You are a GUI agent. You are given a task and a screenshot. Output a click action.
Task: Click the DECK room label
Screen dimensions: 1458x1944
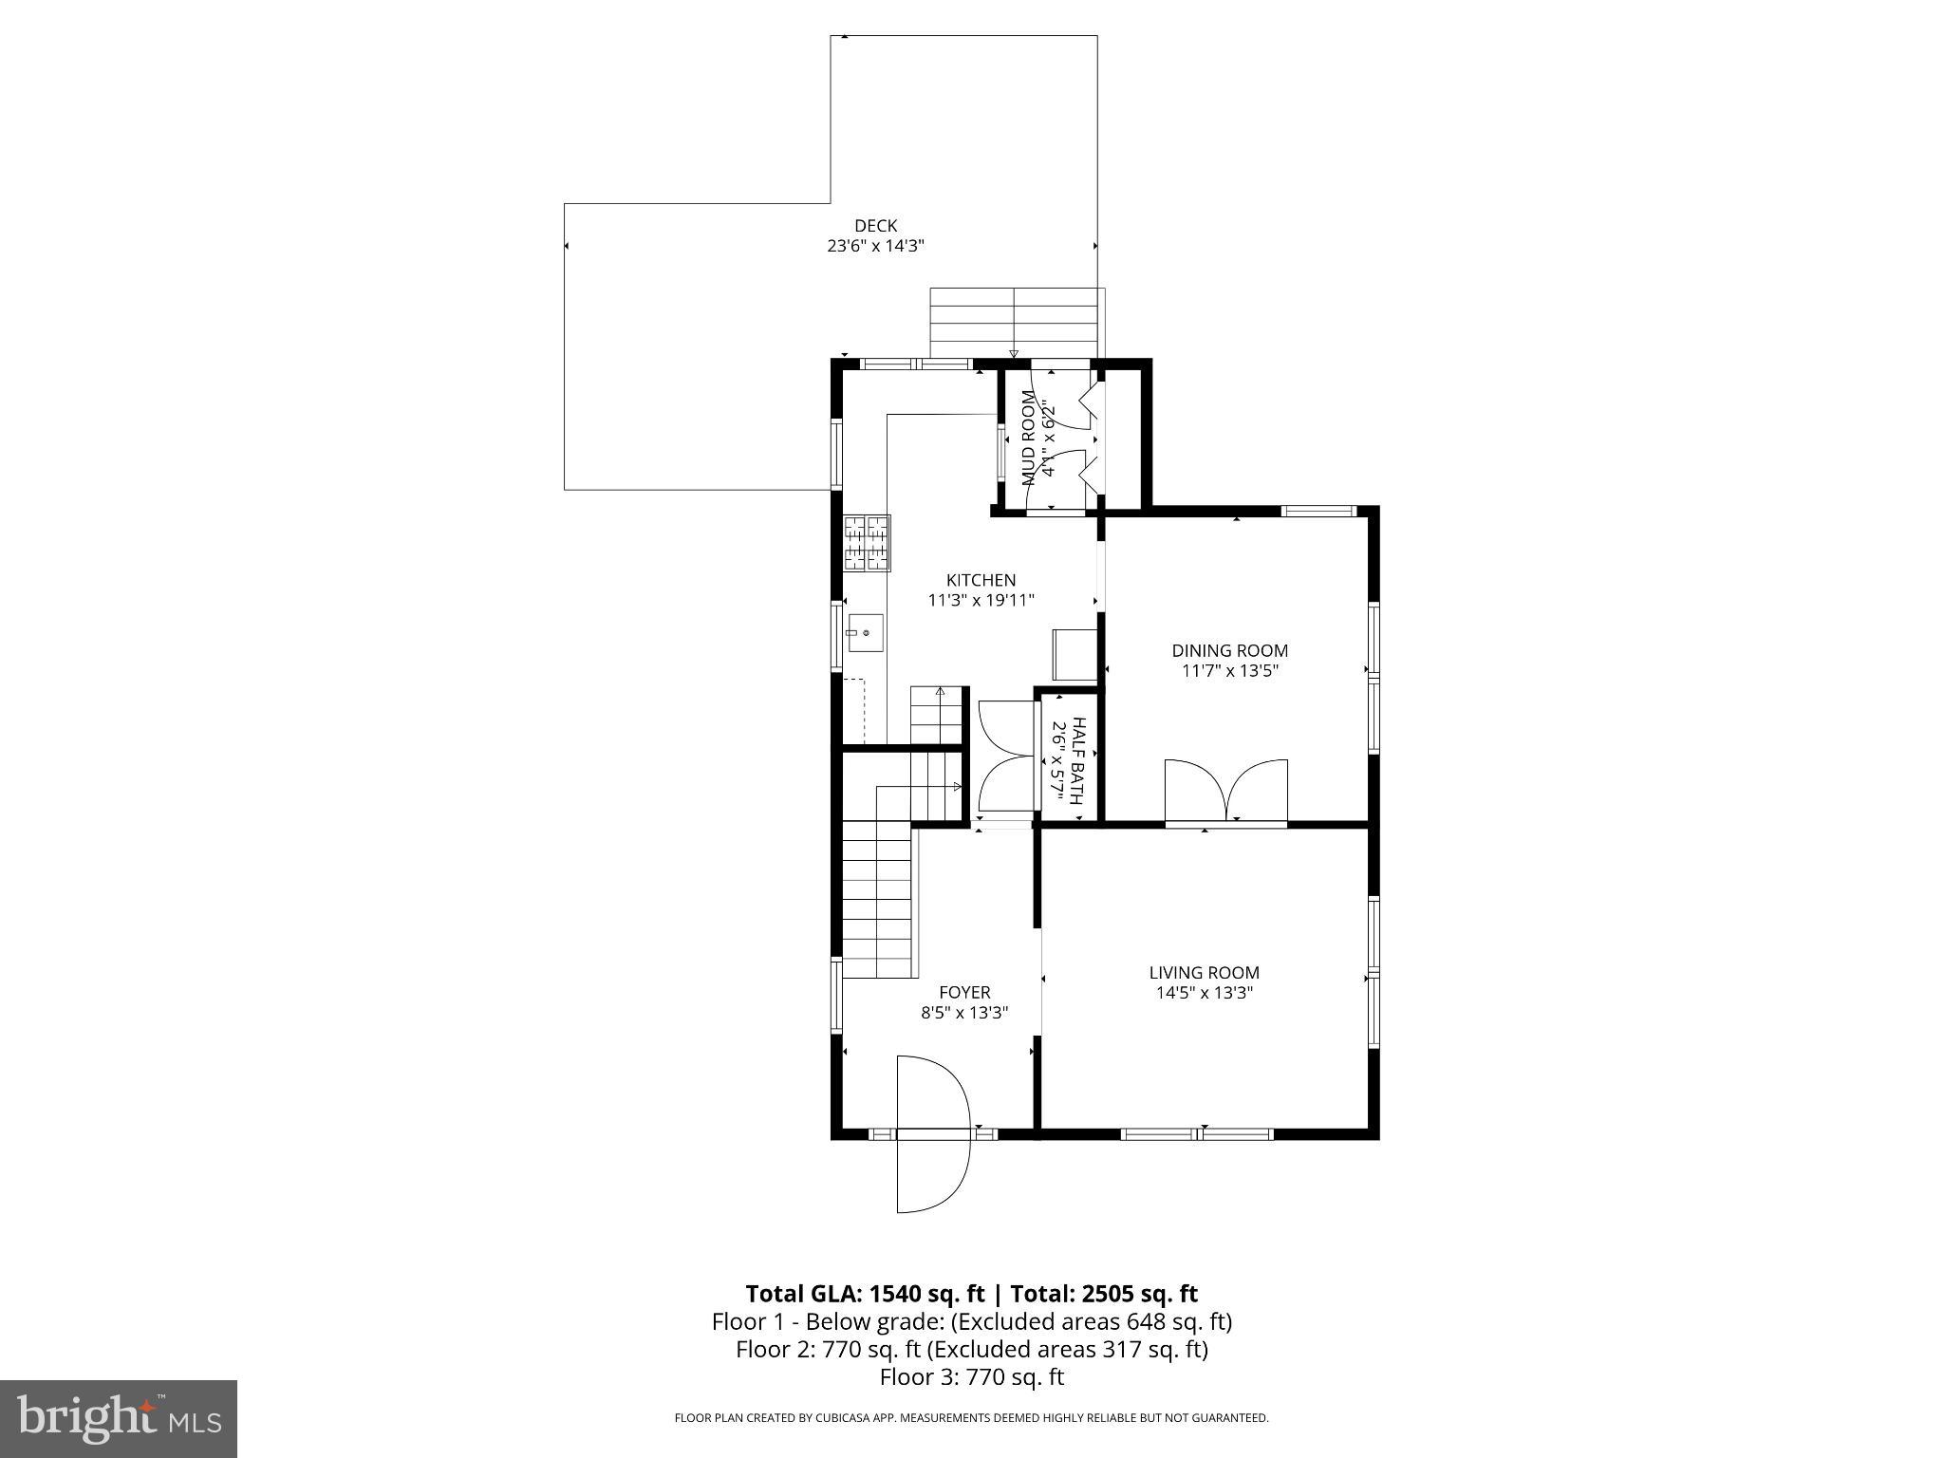pyautogui.click(x=875, y=226)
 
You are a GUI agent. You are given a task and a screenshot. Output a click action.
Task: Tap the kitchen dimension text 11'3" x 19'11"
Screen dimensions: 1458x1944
pyautogui.click(x=981, y=600)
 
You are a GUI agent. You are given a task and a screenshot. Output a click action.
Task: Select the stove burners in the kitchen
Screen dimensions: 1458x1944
pyautogui.click(x=868, y=543)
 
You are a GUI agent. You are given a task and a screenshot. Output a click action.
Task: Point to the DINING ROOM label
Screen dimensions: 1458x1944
pyautogui.click(x=1229, y=650)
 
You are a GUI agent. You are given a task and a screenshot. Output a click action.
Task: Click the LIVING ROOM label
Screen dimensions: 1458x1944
pyautogui.click(x=1204, y=972)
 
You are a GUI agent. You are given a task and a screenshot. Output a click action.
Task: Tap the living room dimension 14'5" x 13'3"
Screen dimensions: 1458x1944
pyautogui.click(x=1204, y=993)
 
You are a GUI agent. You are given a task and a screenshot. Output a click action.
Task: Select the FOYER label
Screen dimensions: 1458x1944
pyautogui.click(x=964, y=993)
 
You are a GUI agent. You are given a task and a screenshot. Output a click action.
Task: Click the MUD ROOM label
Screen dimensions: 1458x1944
pyautogui.click(x=1028, y=439)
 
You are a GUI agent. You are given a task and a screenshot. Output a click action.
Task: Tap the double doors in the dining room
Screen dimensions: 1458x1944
pyautogui.click(x=1226, y=790)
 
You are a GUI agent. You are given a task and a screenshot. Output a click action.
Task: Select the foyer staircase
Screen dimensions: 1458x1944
pyautogui.click(x=878, y=897)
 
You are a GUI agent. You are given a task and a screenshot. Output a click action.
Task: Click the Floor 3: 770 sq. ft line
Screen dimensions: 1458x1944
pyautogui.click(x=971, y=1376)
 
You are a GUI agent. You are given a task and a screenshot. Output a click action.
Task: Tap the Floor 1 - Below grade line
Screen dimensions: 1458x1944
pyautogui.click(x=971, y=1321)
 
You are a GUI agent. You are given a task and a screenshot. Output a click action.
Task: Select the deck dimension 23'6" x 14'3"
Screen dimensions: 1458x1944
pyautogui.click(x=875, y=246)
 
